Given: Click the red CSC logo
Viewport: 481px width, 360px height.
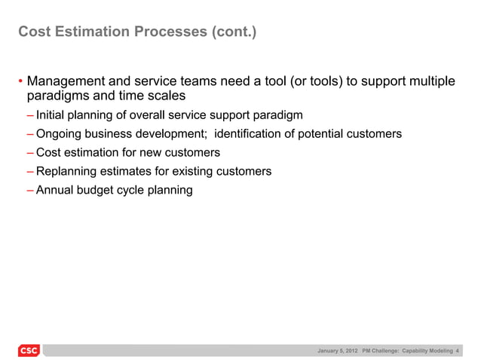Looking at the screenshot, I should (28, 351).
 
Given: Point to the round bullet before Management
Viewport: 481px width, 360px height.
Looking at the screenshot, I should (20, 82).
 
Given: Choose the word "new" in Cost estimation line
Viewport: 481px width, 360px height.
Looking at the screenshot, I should (145, 153).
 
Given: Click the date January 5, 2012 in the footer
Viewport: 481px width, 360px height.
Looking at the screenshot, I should (338, 351).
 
